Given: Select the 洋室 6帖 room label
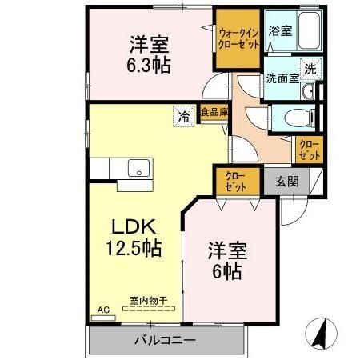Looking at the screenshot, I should [226, 259].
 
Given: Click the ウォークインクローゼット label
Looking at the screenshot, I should [237, 36].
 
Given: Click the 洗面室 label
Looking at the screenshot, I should [281, 78].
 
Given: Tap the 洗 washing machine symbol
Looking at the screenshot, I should [309, 69].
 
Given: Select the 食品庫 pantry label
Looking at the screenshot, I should [214, 113].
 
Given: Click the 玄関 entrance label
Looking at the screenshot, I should [287, 182].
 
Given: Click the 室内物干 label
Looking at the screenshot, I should [150, 302].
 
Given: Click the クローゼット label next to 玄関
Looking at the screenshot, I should [235, 180].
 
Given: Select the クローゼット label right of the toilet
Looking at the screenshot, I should [309, 148].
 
